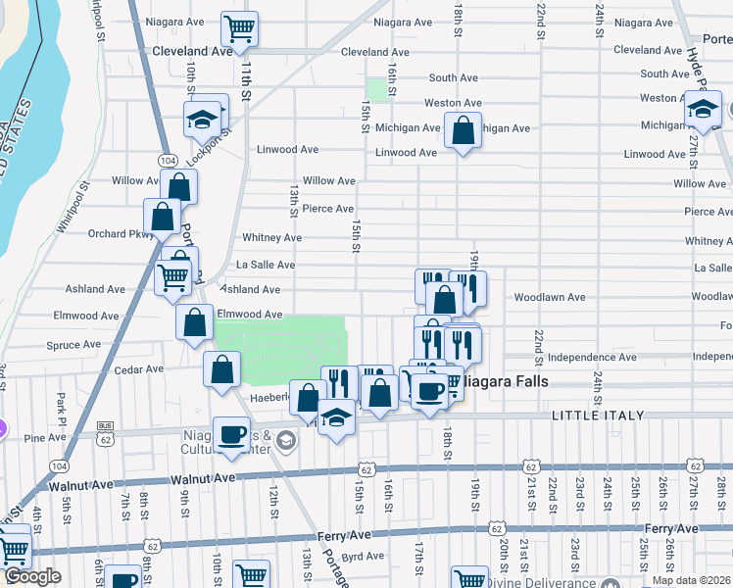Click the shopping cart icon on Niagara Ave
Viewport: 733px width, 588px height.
pos(239,29)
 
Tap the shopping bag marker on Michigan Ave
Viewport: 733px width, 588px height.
pos(463,129)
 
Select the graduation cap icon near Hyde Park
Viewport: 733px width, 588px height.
pos(703,109)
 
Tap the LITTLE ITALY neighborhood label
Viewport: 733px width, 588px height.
pos(598,416)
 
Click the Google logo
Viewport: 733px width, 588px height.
pos(33,576)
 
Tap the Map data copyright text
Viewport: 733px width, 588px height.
pos(690,580)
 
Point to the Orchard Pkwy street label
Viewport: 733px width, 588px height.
pos(121,234)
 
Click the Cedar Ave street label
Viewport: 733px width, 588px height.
pos(139,369)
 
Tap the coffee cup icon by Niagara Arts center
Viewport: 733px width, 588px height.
pos(231,433)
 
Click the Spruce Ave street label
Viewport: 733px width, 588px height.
pos(73,345)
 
